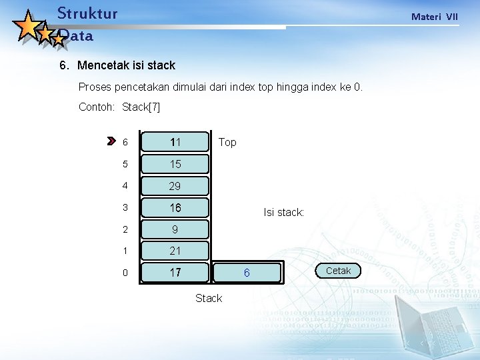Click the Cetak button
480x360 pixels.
pyautogui.click(x=338, y=271)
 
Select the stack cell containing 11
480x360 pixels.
pyautogui.click(x=175, y=142)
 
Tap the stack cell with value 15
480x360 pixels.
pyautogui.click(x=175, y=164)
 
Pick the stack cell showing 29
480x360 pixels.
pyautogui.click(x=175, y=186)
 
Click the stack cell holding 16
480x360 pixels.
pyautogui.click(x=175, y=208)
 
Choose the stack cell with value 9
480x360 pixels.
pyautogui.click(x=175, y=229)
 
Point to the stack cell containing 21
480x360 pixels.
pyautogui.click(x=175, y=251)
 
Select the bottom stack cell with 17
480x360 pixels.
pyautogui.click(x=175, y=273)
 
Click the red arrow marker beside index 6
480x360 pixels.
pyautogui.click(x=111, y=141)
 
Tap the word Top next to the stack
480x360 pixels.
pyautogui.click(x=227, y=142)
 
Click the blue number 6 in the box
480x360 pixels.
pyautogui.click(x=247, y=273)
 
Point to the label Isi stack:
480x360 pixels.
pyautogui.click(x=283, y=213)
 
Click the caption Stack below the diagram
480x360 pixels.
pyautogui.click(x=209, y=298)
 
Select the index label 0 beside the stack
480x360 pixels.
pyautogui.click(x=125, y=273)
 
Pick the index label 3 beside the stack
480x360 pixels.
pyautogui.click(x=125, y=208)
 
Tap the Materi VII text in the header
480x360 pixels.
pyautogui.click(x=434, y=17)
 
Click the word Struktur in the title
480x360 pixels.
pyautogui.click(x=87, y=13)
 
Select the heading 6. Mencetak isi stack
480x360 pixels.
pyautogui.click(x=117, y=65)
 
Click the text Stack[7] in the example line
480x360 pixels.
pyautogui.click(x=141, y=107)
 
